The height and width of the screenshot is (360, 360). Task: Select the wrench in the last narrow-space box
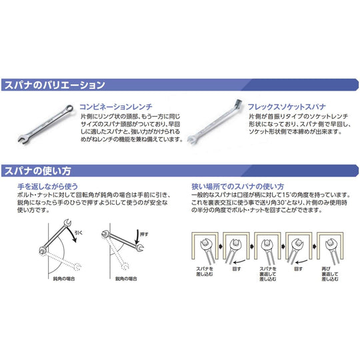(x=331, y=248)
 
